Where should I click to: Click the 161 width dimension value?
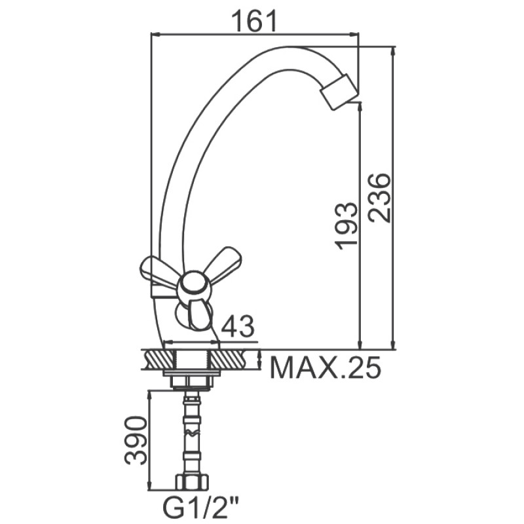(x=255, y=21)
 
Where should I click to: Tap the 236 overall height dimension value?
(x=379, y=198)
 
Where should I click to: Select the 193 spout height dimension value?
(x=346, y=226)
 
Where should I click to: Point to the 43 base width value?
(x=238, y=326)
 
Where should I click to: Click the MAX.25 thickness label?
(x=325, y=367)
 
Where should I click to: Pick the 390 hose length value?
(x=136, y=441)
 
